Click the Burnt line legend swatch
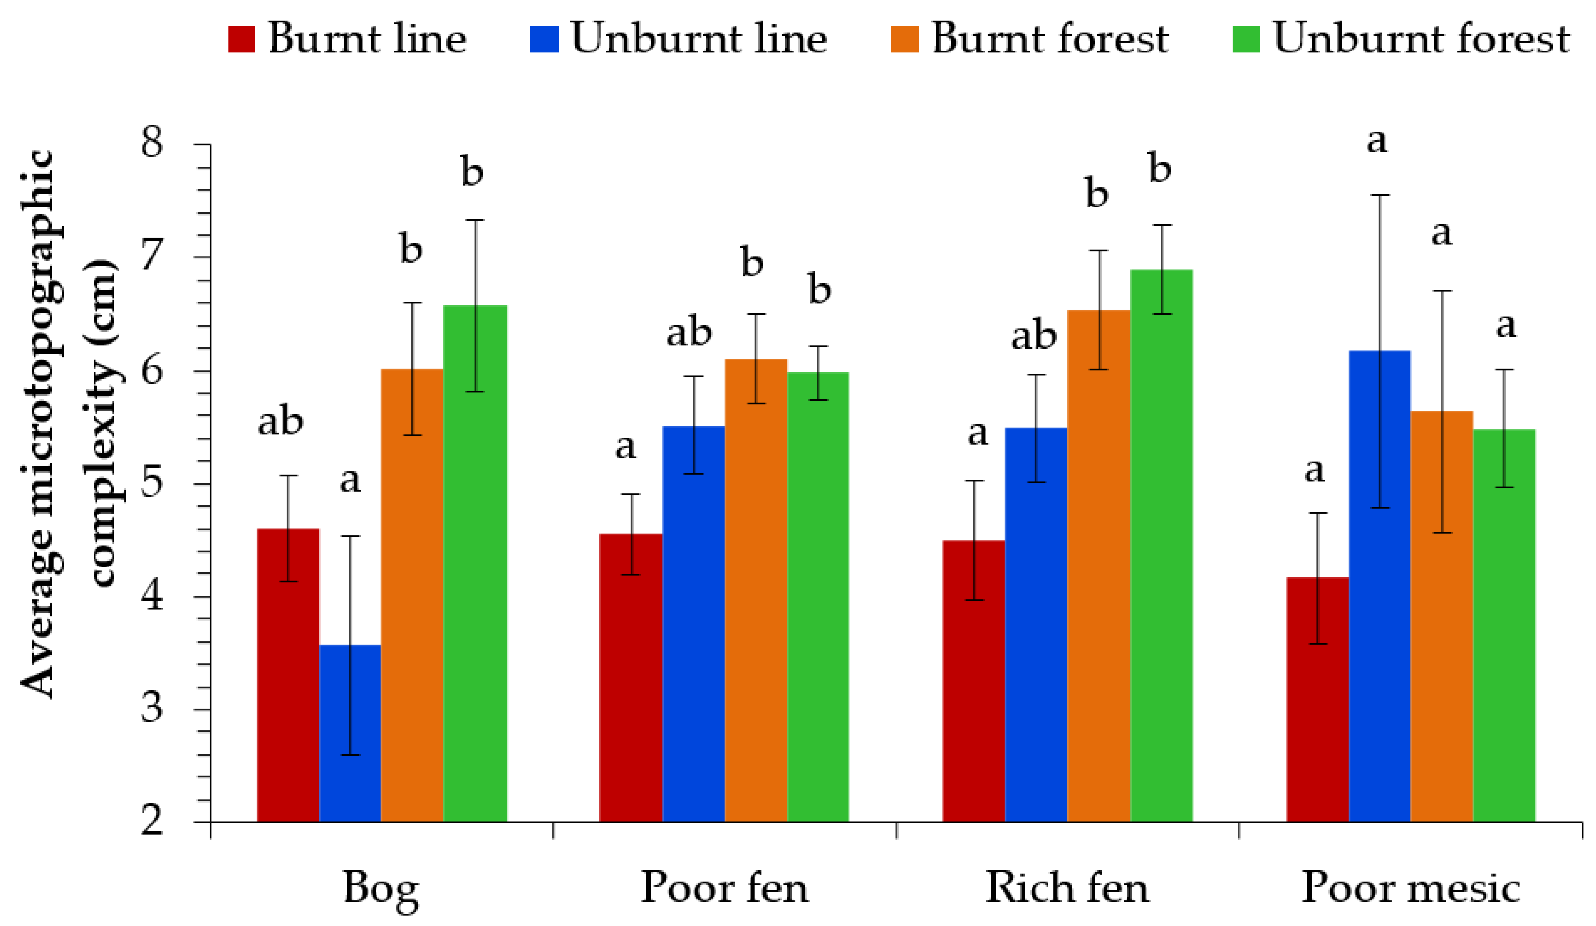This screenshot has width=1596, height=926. tap(241, 39)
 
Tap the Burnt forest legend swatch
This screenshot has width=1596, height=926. tap(904, 39)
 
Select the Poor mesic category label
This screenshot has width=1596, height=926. tap(1411, 887)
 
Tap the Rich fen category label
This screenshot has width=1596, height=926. tap(1067, 887)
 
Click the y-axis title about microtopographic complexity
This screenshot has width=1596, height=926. tap(70, 425)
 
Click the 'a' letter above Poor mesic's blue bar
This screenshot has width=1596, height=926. tap(1377, 141)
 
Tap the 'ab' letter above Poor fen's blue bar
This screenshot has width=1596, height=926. tap(689, 332)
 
